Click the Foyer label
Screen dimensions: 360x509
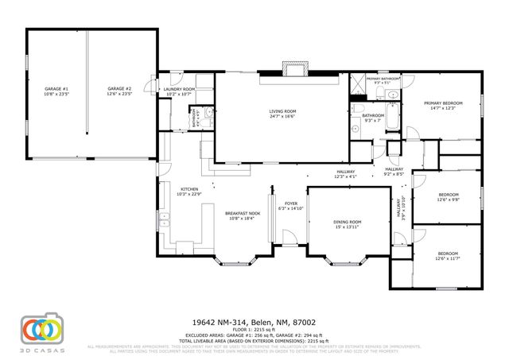pyautogui.click(x=291, y=203)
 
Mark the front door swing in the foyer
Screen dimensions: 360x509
pyautogui.click(x=288, y=237)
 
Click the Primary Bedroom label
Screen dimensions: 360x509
pyautogui.click(x=442, y=103)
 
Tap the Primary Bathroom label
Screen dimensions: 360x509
pyautogui.click(x=383, y=79)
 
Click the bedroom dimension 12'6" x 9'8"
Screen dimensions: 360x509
pyautogui.click(x=448, y=199)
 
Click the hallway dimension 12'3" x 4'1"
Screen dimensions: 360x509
pyautogui.click(x=345, y=176)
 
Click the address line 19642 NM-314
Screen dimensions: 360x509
pyautogui.click(x=254, y=322)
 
